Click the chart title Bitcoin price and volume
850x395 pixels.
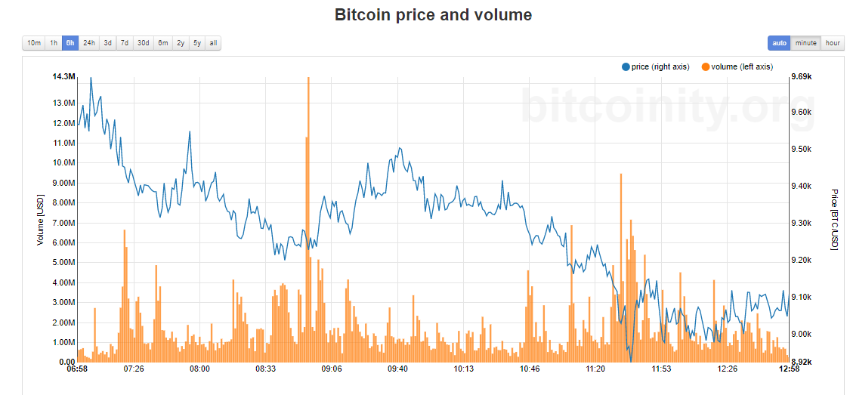click(433, 15)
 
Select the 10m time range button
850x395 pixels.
click(34, 43)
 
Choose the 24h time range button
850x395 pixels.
click(89, 43)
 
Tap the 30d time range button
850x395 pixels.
click(143, 43)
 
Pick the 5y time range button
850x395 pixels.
click(197, 43)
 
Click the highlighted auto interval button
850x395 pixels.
click(779, 43)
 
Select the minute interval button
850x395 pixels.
click(805, 43)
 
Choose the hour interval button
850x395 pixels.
click(833, 43)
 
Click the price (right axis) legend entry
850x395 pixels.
click(656, 67)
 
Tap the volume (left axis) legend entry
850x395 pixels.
click(737, 67)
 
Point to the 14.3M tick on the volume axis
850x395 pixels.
click(63, 77)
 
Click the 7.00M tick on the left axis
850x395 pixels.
click(63, 223)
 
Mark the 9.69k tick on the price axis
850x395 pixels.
click(801, 77)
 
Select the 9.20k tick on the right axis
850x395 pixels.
click(801, 261)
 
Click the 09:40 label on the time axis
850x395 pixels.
click(397, 369)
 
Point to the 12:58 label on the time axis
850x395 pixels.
click(789, 369)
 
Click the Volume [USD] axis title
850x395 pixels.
click(41, 220)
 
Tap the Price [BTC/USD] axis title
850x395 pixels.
click(834, 220)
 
